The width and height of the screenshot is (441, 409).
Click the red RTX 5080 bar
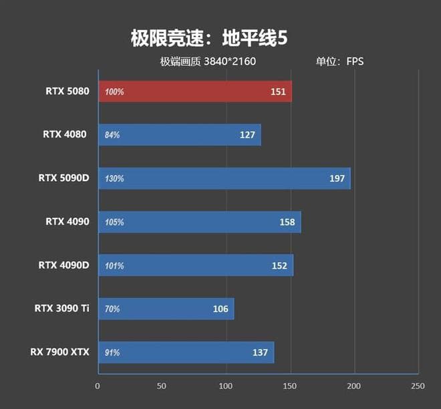pyautogui.click(x=194, y=92)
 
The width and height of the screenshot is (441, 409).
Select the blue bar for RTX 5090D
pyautogui.click(x=224, y=178)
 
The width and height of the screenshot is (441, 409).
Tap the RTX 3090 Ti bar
pyautogui.click(x=166, y=309)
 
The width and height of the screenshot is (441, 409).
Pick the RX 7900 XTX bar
pyautogui.click(x=186, y=352)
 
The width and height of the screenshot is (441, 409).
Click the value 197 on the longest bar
pyautogui.click(x=337, y=178)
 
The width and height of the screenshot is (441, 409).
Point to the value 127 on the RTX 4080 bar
pyautogui.click(x=247, y=135)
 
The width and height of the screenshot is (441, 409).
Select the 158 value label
pyautogui.click(x=287, y=222)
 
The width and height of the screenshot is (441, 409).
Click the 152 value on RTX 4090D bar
pyautogui.click(x=279, y=265)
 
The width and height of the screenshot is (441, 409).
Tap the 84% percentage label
pyautogui.click(x=112, y=135)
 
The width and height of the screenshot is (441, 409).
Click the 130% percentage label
pyautogui.click(x=114, y=178)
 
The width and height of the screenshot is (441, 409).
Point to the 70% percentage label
pyautogui.click(x=112, y=309)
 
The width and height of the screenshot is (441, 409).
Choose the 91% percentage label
pyautogui.click(x=112, y=352)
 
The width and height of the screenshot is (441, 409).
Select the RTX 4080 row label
pyautogui.click(x=65, y=134)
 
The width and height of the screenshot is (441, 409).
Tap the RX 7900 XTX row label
pyautogui.click(x=59, y=352)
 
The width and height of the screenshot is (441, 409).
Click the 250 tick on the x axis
pyautogui.click(x=418, y=386)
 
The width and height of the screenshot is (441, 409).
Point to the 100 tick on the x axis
pyautogui.click(x=226, y=386)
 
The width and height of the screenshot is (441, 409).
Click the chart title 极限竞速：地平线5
pyautogui.click(x=209, y=39)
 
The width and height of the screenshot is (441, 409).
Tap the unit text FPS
pyautogui.click(x=354, y=61)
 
